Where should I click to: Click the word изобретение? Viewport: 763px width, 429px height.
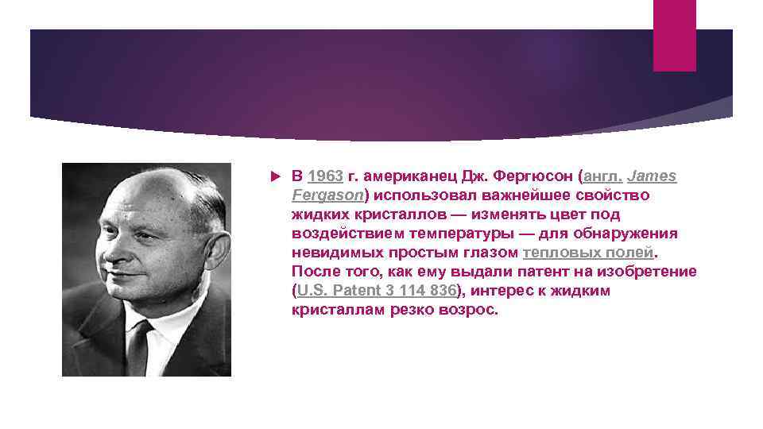[x=649, y=272]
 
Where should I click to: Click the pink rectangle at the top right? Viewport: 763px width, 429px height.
[x=674, y=35]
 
